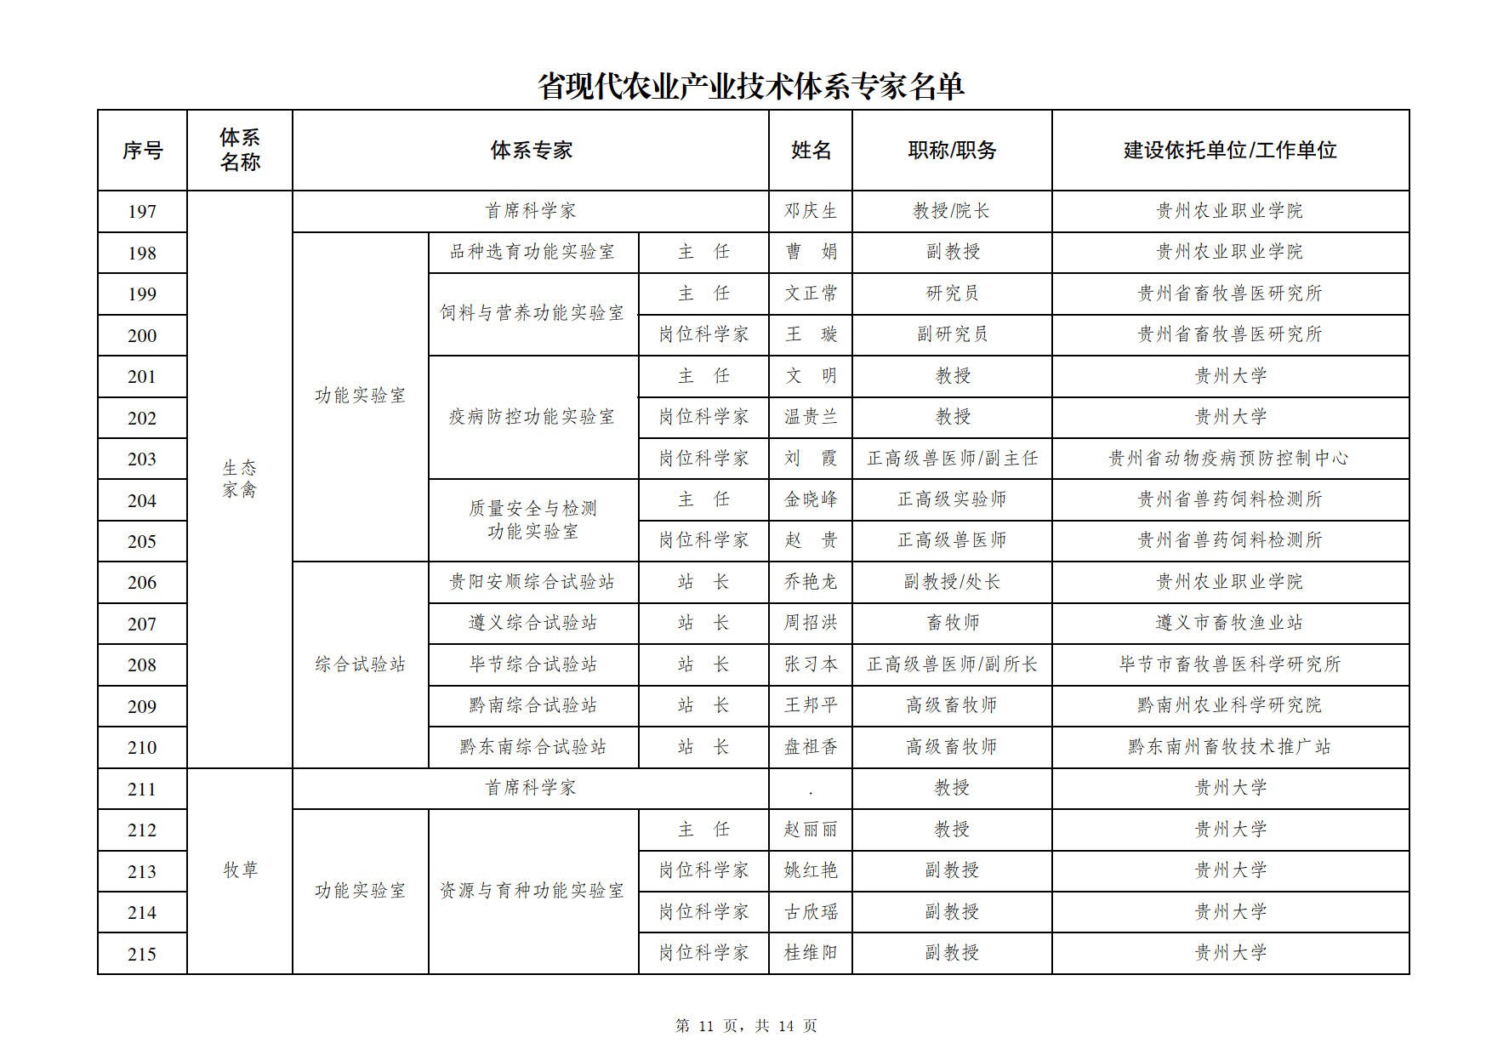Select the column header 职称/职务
952,151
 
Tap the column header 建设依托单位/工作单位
1230,151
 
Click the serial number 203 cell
142,459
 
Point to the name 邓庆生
811,211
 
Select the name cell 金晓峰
811,499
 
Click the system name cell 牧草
240,870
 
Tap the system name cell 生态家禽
240,479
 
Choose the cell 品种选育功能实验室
532,252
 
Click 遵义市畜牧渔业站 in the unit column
1230,624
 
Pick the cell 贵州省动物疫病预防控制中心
1230,459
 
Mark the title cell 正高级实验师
952,499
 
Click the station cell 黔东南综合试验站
532,747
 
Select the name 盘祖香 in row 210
811,747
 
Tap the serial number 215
142,955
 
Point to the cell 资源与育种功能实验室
532,891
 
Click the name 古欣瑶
811,912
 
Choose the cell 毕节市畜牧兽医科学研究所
1230,664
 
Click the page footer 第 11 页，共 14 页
746,1026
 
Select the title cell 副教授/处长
952,582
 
